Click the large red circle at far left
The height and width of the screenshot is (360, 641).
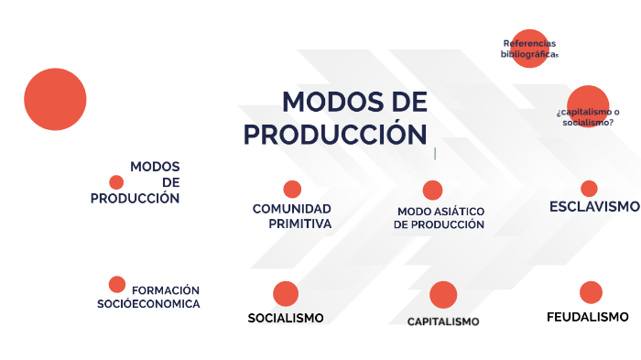click(x=55, y=99)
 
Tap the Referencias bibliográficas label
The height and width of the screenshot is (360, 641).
click(x=529, y=49)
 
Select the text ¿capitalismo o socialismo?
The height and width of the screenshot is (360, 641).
click(x=587, y=115)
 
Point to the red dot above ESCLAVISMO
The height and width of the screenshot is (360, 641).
click(x=589, y=189)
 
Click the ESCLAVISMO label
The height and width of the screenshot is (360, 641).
click(x=594, y=206)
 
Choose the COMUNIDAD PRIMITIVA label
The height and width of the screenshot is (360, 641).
click(x=292, y=215)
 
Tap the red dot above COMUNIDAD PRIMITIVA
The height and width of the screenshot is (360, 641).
click(x=292, y=190)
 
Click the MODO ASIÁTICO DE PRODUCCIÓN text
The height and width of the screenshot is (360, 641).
click(x=440, y=218)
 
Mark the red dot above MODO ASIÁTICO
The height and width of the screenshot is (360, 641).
click(x=432, y=191)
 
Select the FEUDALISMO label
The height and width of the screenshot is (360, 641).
click(x=587, y=317)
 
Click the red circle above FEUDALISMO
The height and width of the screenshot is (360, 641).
click(x=591, y=292)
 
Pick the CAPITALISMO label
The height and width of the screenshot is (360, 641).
click(x=443, y=322)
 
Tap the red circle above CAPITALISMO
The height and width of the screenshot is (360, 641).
click(x=443, y=295)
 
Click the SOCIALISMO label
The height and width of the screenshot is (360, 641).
click(x=286, y=318)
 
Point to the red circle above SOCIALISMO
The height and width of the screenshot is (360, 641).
click(x=286, y=293)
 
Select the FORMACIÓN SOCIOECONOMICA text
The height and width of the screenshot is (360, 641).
click(x=150, y=297)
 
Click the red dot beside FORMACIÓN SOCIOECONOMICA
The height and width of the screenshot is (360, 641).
click(x=117, y=284)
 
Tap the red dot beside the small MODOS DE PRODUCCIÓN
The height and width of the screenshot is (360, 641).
click(x=116, y=182)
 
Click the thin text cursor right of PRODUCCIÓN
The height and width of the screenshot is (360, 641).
click(x=435, y=153)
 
